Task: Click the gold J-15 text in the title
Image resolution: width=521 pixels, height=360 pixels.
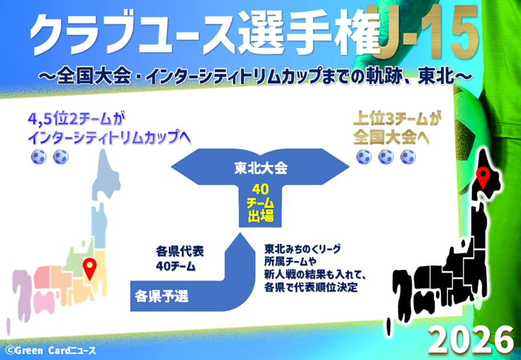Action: pyautogui.click(x=429, y=32)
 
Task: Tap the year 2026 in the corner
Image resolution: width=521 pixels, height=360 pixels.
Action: pyautogui.click(x=471, y=340)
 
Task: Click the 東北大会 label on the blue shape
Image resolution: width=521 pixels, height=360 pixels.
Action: pyautogui.click(x=260, y=169)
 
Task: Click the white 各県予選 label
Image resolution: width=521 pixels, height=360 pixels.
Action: pyautogui.click(x=162, y=296)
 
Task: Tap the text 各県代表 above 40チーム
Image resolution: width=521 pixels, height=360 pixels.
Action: pyautogui.click(x=180, y=251)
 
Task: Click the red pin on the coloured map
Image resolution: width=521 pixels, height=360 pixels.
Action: pyautogui.click(x=90, y=268)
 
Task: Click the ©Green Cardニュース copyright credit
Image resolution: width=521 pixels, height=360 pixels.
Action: pyautogui.click(x=51, y=350)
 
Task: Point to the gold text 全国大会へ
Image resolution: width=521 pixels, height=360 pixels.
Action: pyautogui.click(x=391, y=137)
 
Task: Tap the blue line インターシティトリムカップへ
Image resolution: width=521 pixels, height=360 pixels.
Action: pyautogui.click(x=109, y=137)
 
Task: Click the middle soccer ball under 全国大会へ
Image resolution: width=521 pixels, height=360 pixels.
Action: pyautogui.click(x=386, y=157)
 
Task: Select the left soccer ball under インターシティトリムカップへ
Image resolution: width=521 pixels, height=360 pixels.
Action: pyautogui.click(x=38, y=157)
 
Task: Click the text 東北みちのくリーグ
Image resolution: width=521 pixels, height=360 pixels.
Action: pyautogui.click(x=303, y=249)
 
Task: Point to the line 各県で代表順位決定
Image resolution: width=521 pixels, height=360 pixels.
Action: pyautogui.click(x=311, y=287)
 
